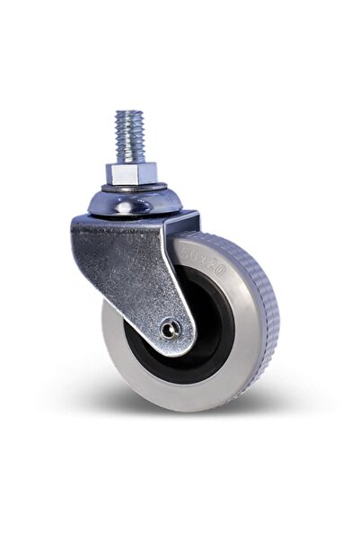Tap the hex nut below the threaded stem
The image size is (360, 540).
pyautogui.click(x=133, y=173)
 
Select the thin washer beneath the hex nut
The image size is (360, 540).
pyautogui.click(x=133, y=187)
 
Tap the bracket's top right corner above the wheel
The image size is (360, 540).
pyautogui.click(x=195, y=216)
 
